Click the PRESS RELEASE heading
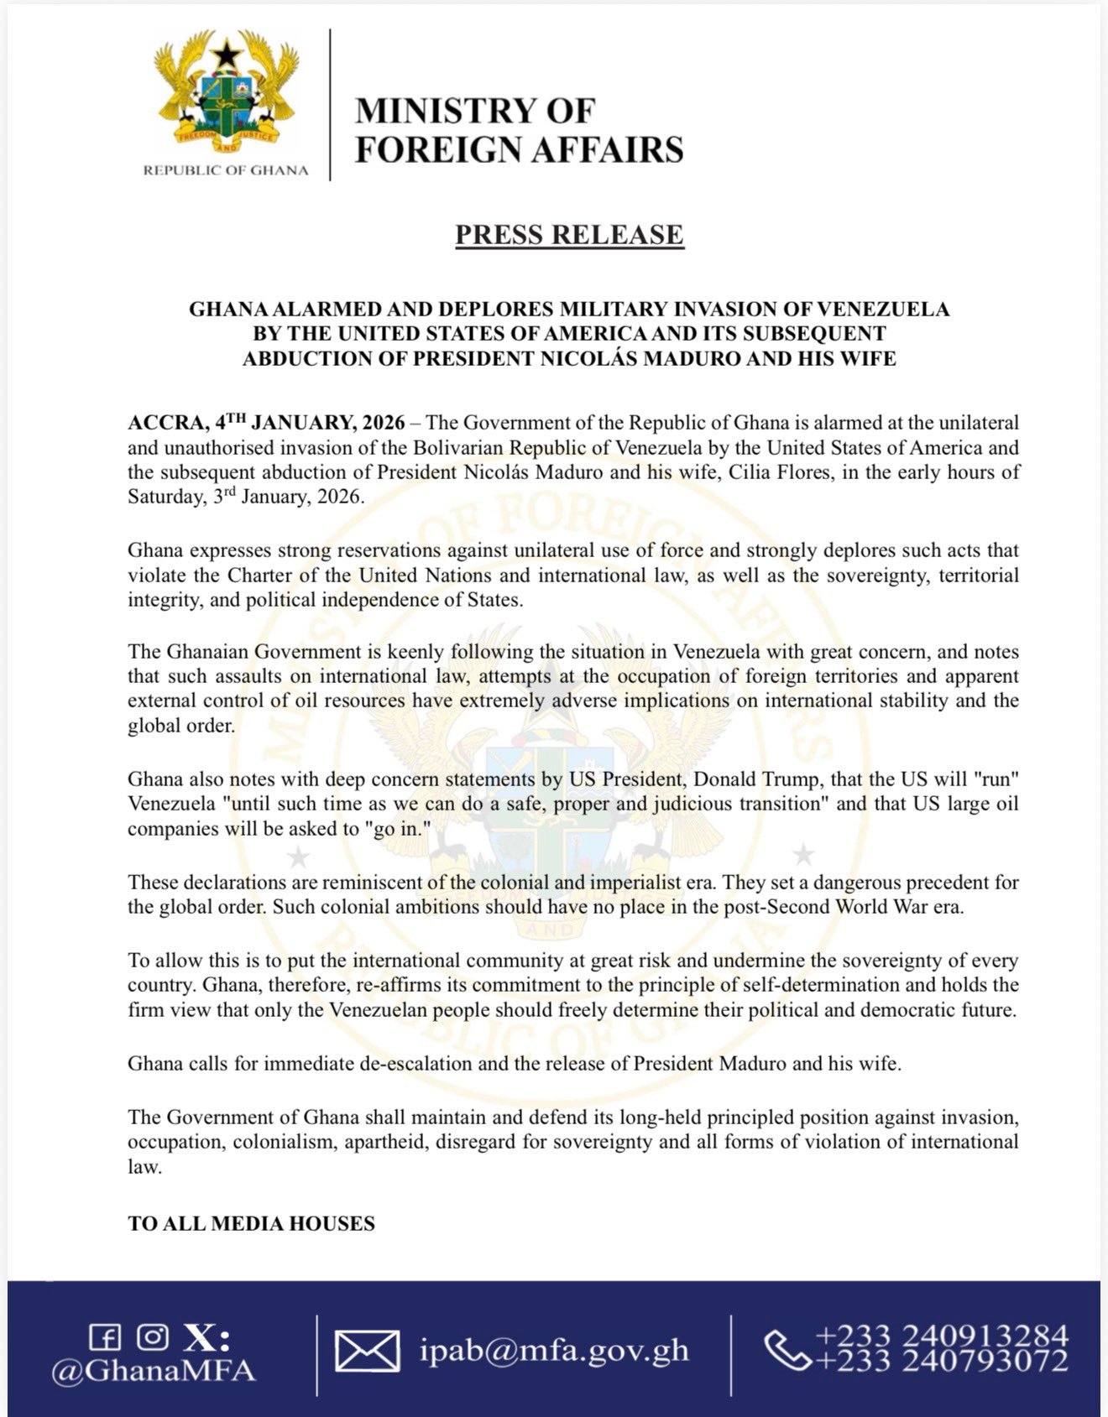pyautogui.click(x=569, y=235)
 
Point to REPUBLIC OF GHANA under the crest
pyautogui.click(x=226, y=170)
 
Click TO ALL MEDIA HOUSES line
pyautogui.click(x=251, y=1223)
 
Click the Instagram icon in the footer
pyautogui.click(x=152, y=1336)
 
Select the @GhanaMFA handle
pyautogui.click(x=154, y=1370)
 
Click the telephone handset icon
pyautogui.click(x=786, y=1348)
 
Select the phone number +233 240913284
pyautogui.click(x=941, y=1336)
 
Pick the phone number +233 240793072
pyautogui.click(x=941, y=1360)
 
